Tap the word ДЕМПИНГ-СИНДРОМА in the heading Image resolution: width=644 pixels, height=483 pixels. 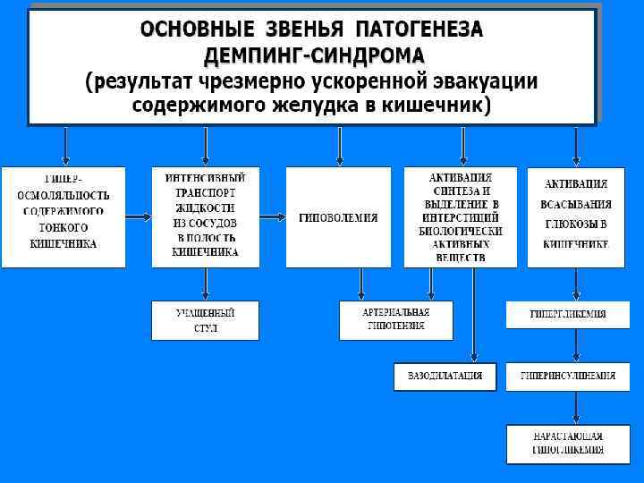[x=314, y=55]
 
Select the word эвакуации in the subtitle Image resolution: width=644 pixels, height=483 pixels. [x=487, y=81]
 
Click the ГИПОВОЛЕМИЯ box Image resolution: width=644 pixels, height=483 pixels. [x=338, y=217]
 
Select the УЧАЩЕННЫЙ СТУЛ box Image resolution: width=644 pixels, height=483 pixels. [x=206, y=320]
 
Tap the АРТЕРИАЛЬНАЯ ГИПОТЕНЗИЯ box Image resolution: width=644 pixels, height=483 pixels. [x=395, y=320]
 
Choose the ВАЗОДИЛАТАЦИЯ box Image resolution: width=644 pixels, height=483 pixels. [x=445, y=377]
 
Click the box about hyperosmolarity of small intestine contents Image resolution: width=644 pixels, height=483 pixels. [x=63, y=217]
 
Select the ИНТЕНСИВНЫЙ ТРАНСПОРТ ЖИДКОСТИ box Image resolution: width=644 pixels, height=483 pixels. [x=206, y=217]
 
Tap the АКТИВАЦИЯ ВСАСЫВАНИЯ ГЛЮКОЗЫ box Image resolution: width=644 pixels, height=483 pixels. [x=575, y=217]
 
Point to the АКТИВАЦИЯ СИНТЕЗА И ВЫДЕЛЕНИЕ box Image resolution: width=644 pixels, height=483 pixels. [x=460, y=217]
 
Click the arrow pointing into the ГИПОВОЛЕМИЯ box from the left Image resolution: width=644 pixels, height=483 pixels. [x=272, y=217]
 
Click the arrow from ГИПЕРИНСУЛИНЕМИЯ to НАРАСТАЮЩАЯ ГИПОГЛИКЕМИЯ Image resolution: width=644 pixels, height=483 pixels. [x=575, y=408]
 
